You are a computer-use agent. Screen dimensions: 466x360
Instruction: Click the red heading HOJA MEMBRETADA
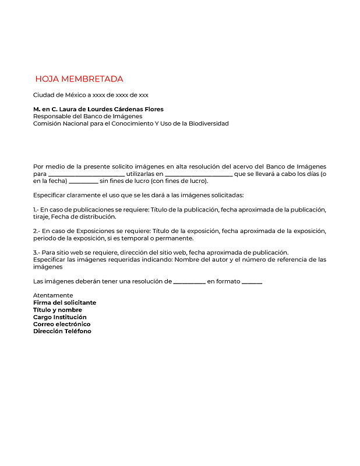[x=79, y=79]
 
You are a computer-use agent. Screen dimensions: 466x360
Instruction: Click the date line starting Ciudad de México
[x=90, y=94]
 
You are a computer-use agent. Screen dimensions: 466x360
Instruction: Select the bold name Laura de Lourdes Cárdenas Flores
[x=111, y=109]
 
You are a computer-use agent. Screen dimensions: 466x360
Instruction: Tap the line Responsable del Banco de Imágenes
[x=87, y=116]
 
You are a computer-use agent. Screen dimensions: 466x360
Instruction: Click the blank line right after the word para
[x=86, y=174]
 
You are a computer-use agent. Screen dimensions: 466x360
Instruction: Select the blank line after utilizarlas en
[x=199, y=174]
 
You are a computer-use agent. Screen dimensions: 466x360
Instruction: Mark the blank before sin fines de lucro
[x=83, y=181]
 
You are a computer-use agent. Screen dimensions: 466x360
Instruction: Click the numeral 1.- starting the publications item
[x=36, y=210]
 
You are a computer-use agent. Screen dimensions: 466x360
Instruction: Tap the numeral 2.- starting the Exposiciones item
[x=36, y=231]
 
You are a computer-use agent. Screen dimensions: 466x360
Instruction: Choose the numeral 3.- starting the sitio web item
[x=36, y=252]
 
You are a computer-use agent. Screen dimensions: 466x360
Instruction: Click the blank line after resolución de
[x=189, y=282]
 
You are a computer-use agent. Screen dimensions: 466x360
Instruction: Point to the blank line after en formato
[x=252, y=282]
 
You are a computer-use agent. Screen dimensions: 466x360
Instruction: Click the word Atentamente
[x=53, y=295]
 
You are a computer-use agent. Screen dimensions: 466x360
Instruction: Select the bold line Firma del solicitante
[x=65, y=302]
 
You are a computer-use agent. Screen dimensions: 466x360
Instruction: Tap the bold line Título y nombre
[x=58, y=310]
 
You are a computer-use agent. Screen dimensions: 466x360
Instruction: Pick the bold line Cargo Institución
[x=60, y=317]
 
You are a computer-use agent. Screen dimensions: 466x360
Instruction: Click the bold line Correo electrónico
[x=62, y=324]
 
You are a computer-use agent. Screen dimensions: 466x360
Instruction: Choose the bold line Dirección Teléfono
[x=62, y=331]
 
